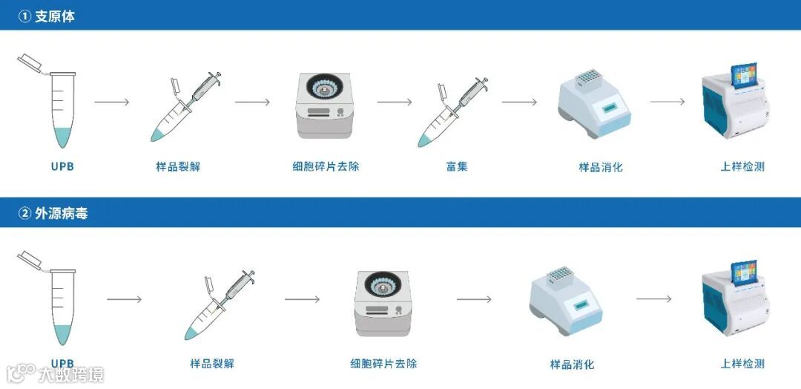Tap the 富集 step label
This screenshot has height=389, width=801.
[457, 166]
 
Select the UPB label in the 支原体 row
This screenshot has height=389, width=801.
[62, 166]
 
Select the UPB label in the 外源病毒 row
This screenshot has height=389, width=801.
[62, 364]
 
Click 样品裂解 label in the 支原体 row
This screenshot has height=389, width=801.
[178, 166]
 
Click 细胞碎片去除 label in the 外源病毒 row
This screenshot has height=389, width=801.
[383, 364]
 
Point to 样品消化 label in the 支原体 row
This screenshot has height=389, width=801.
[601, 167]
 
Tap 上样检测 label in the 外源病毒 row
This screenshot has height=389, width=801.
[742, 364]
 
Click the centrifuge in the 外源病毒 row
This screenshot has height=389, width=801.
[382, 303]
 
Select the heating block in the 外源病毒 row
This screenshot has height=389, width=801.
[566, 301]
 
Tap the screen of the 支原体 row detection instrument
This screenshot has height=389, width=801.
[744, 76]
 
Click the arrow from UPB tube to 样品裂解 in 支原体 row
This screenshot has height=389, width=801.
[112, 102]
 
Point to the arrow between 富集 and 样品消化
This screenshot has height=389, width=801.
[519, 102]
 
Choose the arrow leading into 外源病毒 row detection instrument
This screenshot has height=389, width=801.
[654, 299]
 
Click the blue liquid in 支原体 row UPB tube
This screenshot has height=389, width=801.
[63, 137]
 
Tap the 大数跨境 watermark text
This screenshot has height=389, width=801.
[70, 375]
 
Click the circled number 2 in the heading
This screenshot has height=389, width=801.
[25, 213]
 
